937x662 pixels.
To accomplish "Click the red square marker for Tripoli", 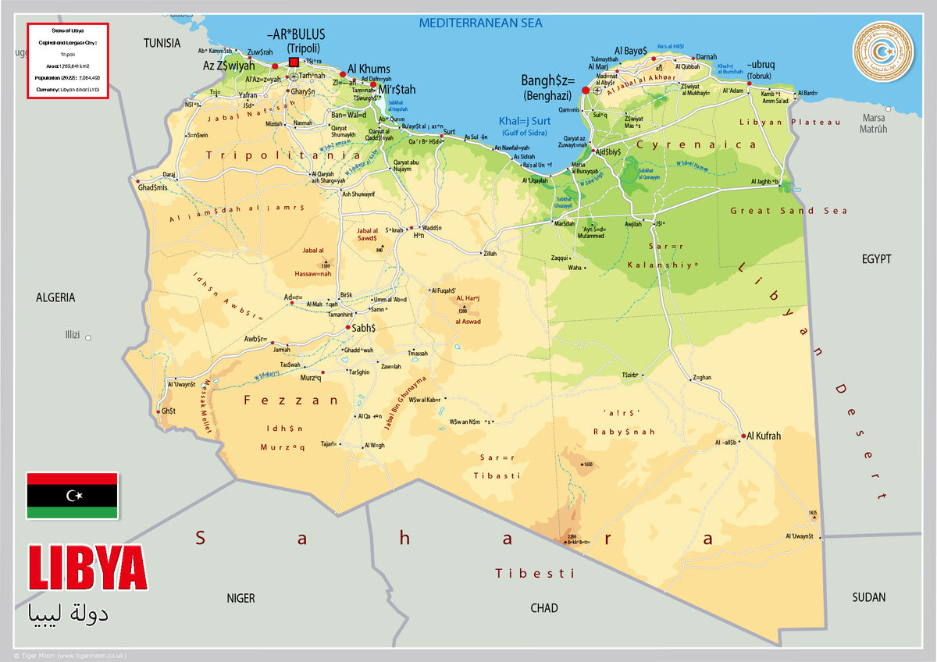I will pyautogui.click(x=294, y=62).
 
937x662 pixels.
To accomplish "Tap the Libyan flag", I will pyautogui.click(x=72, y=496).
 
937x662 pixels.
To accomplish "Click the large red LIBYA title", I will pyautogui.click(x=87, y=569).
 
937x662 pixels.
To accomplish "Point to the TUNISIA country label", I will pyautogui.click(x=162, y=43).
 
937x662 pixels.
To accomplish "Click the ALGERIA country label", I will pyautogui.click(x=55, y=297).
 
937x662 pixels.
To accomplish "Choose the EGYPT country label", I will pyautogui.click(x=876, y=259).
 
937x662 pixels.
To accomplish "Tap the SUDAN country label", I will pyautogui.click(x=868, y=597).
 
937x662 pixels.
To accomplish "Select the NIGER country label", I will pyautogui.click(x=240, y=598).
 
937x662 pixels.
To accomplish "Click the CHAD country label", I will pyautogui.click(x=544, y=608).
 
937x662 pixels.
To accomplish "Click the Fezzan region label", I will pyautogui.click(x=291, y=400).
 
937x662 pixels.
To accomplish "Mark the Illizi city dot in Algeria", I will pyautogui.click(x=88, y=338).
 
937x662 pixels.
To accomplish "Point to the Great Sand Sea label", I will pyautogui.click(x=788, y=211).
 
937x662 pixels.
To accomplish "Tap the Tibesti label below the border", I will pyautogui.click(x=535, y=574).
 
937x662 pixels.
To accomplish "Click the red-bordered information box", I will pyautogui.click(x=67, y=61).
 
